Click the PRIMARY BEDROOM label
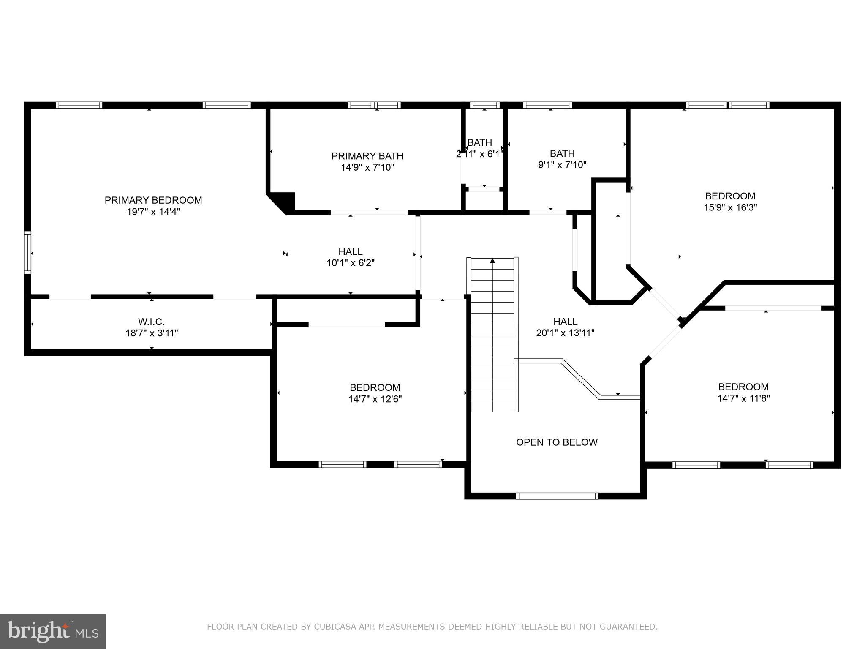click(153, 200)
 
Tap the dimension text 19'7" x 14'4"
click(153, 212)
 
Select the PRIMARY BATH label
click(367, 156)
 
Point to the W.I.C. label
click(151, 322)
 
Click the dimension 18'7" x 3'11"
click(151, 333)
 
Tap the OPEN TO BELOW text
click(557, 442)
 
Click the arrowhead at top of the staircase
click(492, 261)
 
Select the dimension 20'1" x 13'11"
click(565, 333)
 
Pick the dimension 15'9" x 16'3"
click(730, 207)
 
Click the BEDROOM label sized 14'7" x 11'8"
click(743, 387)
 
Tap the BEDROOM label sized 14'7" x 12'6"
click(375, 387)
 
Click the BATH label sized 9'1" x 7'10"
click(562, 153)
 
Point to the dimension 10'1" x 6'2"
click(350, 263)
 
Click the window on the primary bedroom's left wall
click(28, 252)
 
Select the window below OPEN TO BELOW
click(557, 496)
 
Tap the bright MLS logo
click(52, 631)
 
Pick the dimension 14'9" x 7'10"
click(367, 168)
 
